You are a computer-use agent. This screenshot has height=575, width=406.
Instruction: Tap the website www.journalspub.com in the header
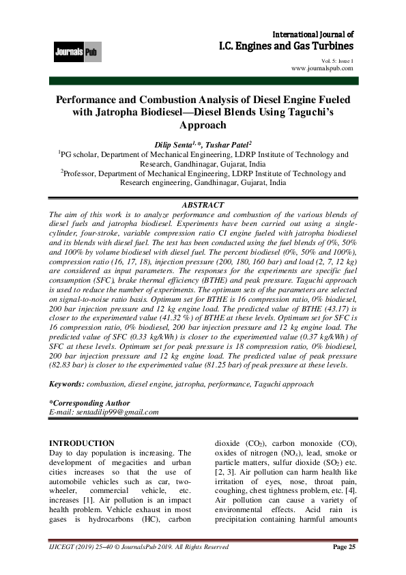(x=322, y=68)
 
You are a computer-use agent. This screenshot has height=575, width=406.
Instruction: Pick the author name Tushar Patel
(x=229, y=144)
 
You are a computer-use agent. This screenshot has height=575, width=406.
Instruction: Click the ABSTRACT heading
(x=203, y=204)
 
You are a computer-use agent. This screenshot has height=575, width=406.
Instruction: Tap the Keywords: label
(x=69, y=384)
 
